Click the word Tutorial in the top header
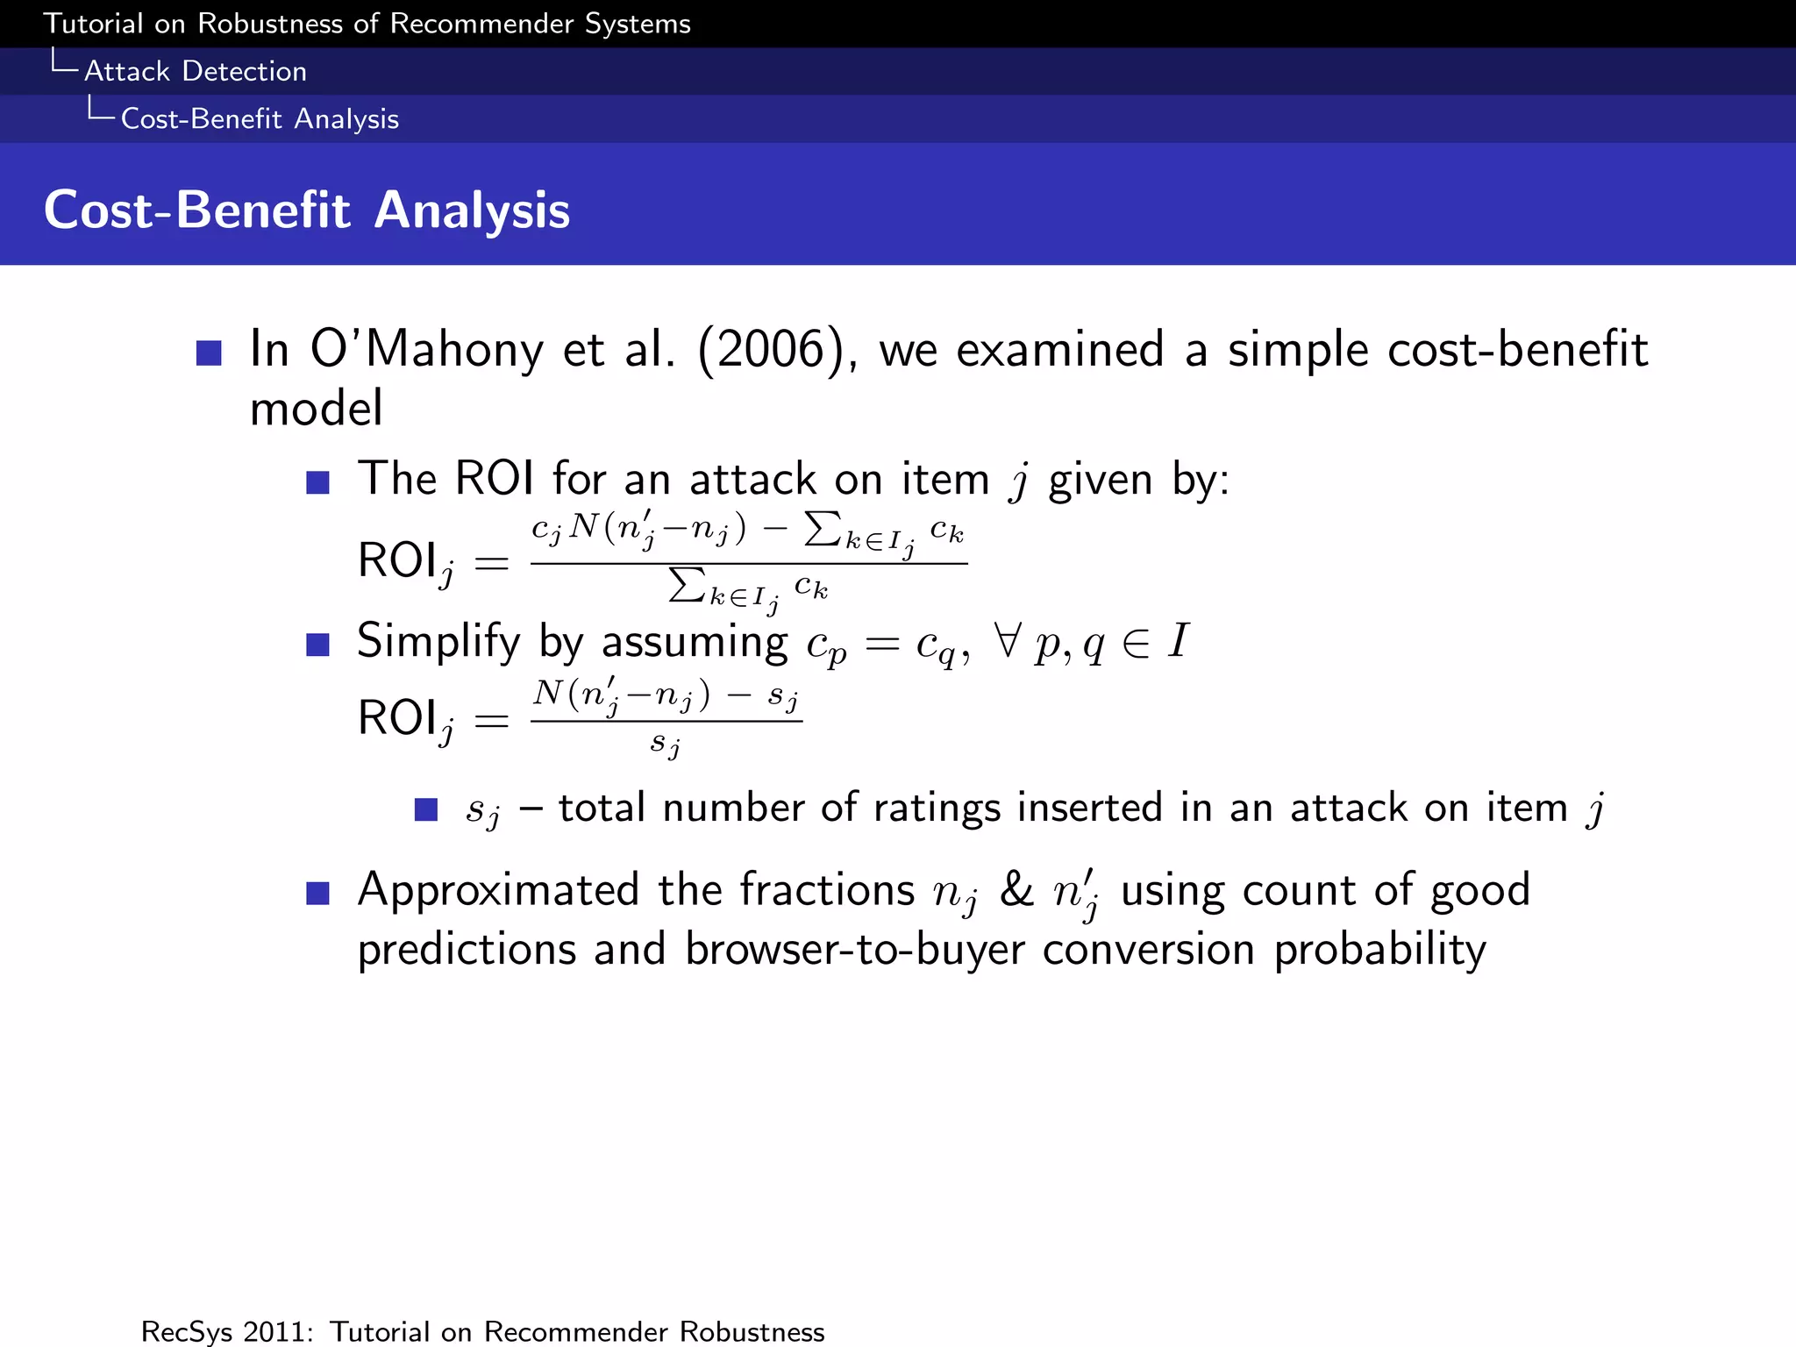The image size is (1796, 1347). [93, 24]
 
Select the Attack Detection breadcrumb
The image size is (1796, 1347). [195, 71]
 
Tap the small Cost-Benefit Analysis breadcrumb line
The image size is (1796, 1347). [260, 118]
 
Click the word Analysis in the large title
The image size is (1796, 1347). [472, 210]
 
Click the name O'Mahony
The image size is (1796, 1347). [426, 349]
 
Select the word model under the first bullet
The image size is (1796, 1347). [316, 409]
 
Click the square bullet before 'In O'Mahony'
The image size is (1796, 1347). [209, 353]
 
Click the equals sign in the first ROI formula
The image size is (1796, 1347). [491, 563]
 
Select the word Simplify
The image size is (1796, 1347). [438, 641]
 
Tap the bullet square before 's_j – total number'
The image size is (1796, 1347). [426, 809]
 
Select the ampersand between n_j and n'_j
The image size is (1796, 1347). [1016, 890]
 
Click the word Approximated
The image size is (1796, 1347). [498, 890]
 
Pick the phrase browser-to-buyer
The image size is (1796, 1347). [854, 950]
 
